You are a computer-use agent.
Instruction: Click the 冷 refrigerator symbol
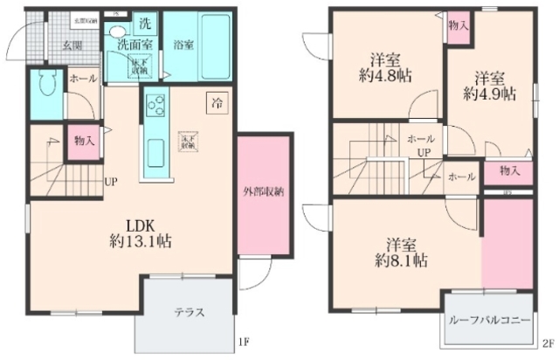(215, 102)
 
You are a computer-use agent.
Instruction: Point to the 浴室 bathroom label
(183, 45)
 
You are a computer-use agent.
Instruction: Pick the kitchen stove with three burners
(156, 108)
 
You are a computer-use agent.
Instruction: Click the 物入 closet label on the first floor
(83, 139)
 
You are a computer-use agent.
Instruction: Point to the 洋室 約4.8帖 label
(384, 68)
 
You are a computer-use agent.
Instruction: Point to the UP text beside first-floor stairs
(111, 183)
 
